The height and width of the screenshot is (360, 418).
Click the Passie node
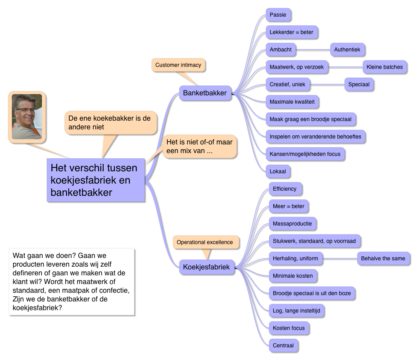[278, 15]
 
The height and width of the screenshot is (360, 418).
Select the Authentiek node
[347, 50]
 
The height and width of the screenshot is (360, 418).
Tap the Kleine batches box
[384, 67]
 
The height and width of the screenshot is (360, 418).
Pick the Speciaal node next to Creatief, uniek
[359, 85]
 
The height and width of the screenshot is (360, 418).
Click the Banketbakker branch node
[205, 93]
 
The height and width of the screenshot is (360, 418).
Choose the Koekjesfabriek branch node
[206, 267]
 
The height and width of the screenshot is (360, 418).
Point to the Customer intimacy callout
[178, 65]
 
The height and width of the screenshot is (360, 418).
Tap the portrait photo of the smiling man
[27, 116]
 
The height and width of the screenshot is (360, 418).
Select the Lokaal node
[278, 172]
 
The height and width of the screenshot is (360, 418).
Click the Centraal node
[283, 346]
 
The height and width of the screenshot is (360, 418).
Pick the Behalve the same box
[383, 259]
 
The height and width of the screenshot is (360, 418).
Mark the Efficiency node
[285, 189]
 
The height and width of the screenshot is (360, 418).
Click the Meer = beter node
[289, 207]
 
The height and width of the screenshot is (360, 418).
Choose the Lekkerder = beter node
[291, 32]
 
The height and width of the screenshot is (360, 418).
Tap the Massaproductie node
[292, 224]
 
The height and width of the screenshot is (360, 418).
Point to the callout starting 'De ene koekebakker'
[110, 122]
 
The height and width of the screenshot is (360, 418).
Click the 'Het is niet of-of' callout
[199, 146]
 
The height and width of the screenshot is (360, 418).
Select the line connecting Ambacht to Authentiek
[313, 50]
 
